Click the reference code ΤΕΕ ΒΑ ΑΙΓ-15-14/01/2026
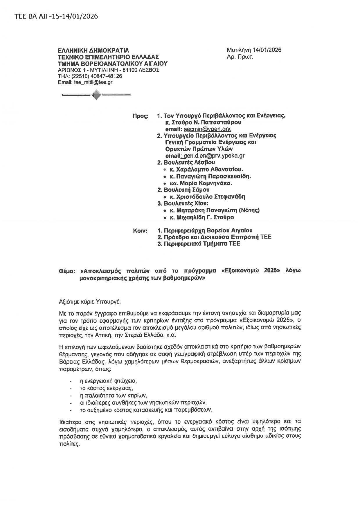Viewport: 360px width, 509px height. click(x=56, y=16)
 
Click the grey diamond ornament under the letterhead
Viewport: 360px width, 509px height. click(x=96, y=95)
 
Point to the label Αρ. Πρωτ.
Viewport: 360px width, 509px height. click(x=240, y=57)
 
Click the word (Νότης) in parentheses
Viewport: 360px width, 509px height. click(x=249, y=210)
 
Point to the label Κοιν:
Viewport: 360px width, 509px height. click(x=141, y=231)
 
